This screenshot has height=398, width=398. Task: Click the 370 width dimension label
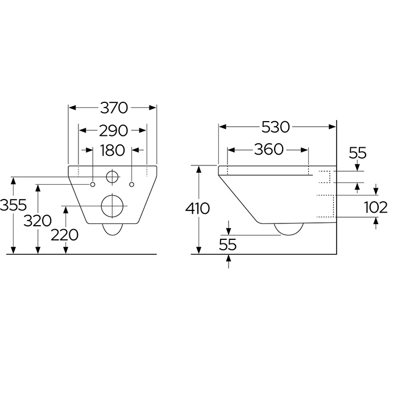pyautogui.click(x=113, y=107)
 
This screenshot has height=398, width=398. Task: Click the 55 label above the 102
pyautogui.click(x=357, y=154)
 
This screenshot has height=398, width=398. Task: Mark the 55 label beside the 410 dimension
pyautogui.click(x=227, y=244)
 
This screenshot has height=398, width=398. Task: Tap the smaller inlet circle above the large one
pyautogui.click(x=113, y=177)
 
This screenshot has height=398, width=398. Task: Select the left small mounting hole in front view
pyautogui.click(x=92, y=184)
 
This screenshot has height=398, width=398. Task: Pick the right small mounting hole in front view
pyautogui.click(x=132, y=184)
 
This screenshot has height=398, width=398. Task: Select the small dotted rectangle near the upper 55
pyautogui.click(x=325, y=176)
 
